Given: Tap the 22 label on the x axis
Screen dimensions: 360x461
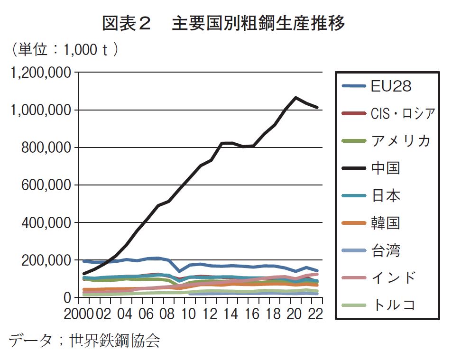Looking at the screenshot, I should pos(314,314).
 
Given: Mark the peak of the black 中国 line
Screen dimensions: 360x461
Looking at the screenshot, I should pos(296,98).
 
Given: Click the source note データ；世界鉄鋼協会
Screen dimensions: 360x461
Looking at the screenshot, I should pos(84,340).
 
